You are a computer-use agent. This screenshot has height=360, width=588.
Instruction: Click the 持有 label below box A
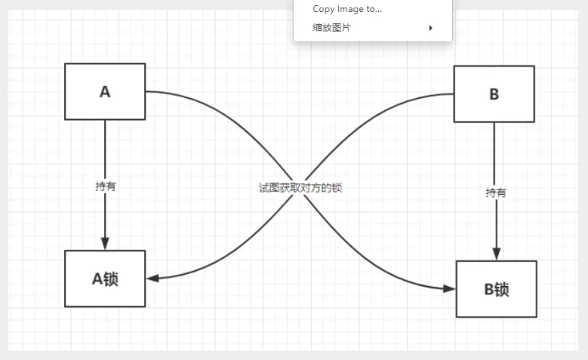point(106,186)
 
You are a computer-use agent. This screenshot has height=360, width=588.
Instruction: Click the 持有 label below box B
point(495,192)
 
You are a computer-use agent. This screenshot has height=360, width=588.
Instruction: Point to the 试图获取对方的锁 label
point(300,188)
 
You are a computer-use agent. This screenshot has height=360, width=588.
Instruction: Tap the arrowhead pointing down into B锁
point(495,254)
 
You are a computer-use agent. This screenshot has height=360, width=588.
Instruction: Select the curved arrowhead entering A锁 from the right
point(152,278)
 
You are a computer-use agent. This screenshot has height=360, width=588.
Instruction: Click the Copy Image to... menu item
point(347,9)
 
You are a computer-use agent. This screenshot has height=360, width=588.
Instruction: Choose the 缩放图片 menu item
point(332,28)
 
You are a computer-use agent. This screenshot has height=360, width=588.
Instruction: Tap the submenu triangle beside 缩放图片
point(431,28)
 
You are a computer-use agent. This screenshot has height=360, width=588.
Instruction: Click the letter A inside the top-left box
point(105,91)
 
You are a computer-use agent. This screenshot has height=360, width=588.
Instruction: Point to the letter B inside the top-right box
point(494,94)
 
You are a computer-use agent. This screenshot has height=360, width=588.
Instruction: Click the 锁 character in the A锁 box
point(111,278)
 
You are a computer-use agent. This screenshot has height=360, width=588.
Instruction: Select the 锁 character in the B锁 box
point(502,289)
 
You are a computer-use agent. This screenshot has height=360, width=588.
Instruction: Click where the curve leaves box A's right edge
point(146,91)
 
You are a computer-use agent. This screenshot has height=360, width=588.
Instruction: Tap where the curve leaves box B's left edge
point(453,94)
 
